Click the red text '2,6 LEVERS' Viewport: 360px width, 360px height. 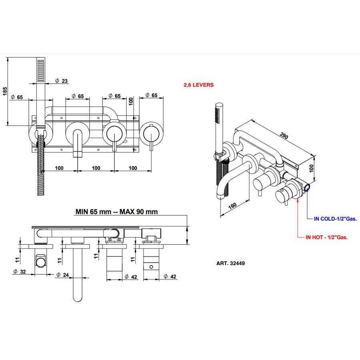tap(198, 85)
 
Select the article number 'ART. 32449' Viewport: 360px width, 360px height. tap(230, 264)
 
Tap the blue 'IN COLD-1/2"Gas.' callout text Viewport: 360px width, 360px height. tap(335, 219)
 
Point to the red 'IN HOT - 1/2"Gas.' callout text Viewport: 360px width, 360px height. tap(326, 237)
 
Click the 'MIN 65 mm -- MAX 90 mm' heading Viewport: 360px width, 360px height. tap(116, 211)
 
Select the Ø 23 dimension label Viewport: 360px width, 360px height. tap(62, 81)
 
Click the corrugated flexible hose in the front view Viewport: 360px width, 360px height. tap(40, 168)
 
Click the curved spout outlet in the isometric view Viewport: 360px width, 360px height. tap(220, 195)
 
